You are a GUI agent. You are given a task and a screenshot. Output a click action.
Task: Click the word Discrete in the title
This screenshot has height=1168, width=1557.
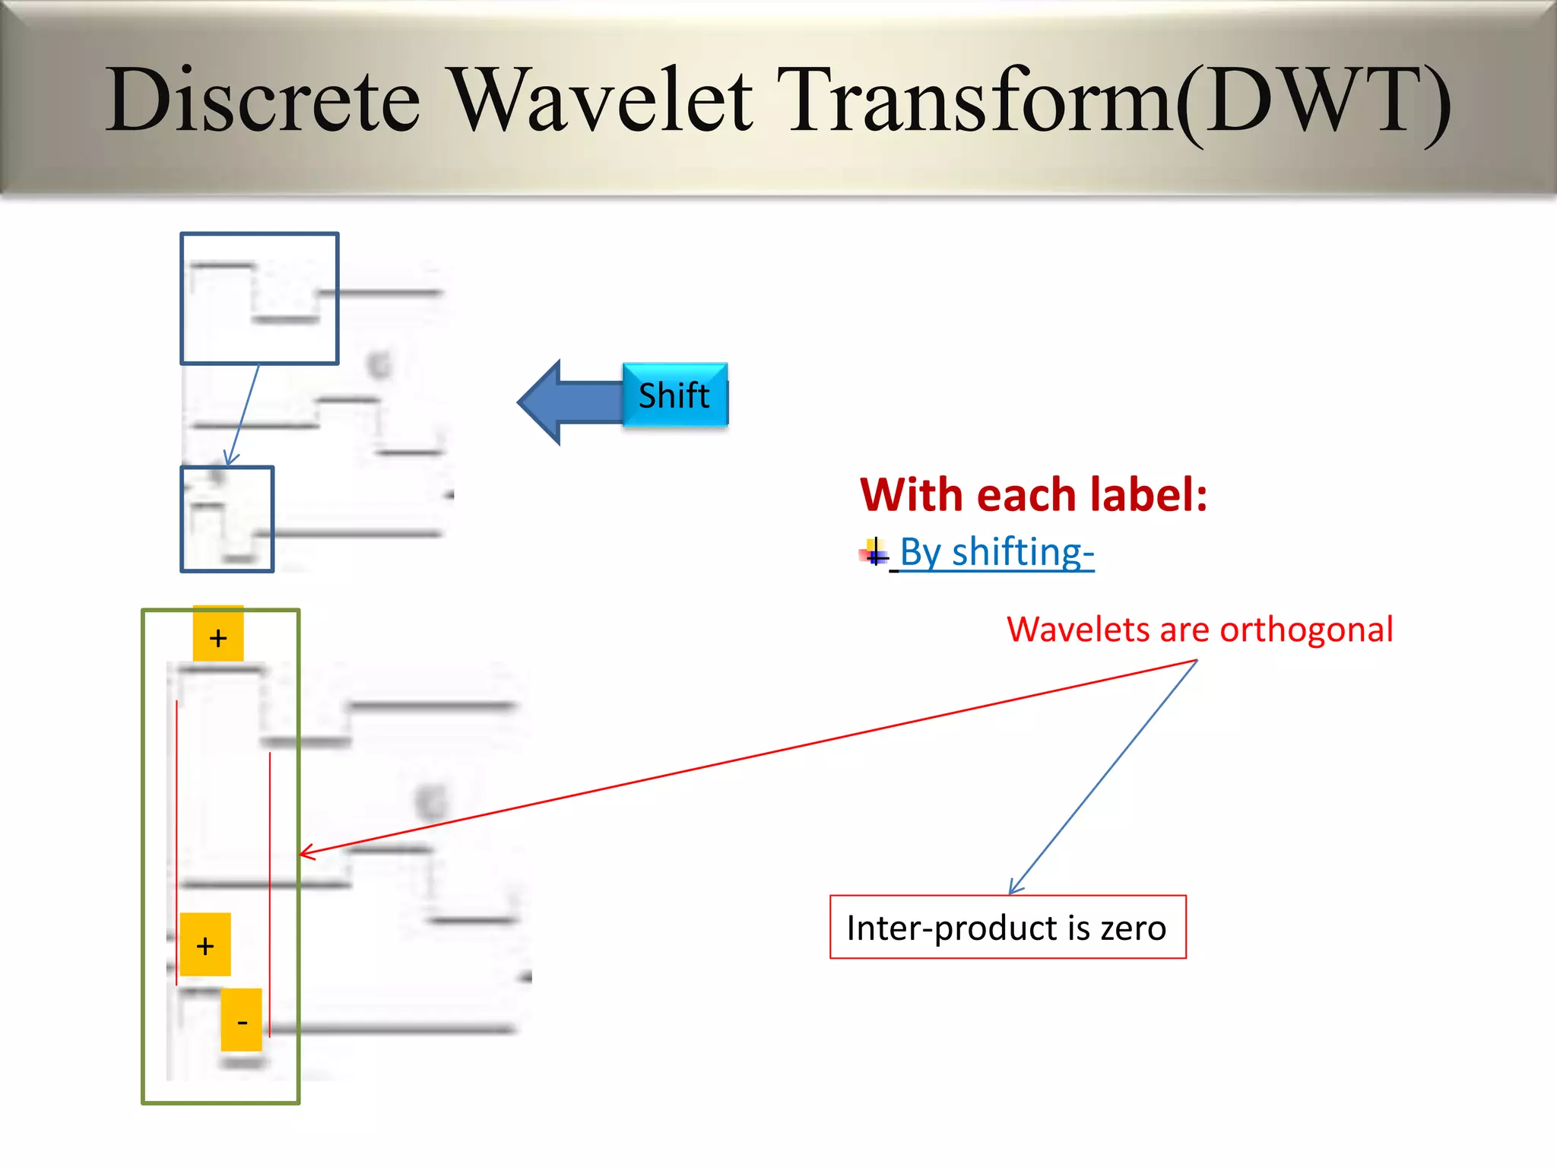(x=262, y=100)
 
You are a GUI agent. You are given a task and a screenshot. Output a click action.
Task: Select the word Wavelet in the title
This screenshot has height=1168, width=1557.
(x=602, y=100)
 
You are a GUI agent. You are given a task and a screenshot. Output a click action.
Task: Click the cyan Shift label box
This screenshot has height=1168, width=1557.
(x=674, y=395)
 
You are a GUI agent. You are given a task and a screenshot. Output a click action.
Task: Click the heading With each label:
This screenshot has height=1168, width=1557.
(x=1033, y=495)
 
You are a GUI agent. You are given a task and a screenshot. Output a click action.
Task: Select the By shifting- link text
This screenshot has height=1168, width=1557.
(x=997, y=552)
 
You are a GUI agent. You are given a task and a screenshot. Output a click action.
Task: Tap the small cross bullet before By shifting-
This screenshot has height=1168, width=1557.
(x=874, y=552)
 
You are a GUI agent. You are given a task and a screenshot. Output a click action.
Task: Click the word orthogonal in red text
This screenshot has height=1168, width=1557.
(x=1306, y=630)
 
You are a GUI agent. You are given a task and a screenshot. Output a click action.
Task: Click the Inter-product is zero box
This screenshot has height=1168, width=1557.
(x=1007, y=927)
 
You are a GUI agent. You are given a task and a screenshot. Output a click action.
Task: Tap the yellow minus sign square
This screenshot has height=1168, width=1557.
(x=242, y=1020)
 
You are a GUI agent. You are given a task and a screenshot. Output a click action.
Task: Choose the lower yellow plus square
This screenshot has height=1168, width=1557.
(x=205, y=944)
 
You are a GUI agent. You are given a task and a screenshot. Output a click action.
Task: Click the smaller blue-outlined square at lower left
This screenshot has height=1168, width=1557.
(x=227, y=519)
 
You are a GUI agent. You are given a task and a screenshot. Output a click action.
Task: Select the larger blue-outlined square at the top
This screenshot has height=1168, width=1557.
(x=259, y=298)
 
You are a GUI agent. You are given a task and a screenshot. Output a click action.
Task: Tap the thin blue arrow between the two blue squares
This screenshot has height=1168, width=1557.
(x=244, y=414)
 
